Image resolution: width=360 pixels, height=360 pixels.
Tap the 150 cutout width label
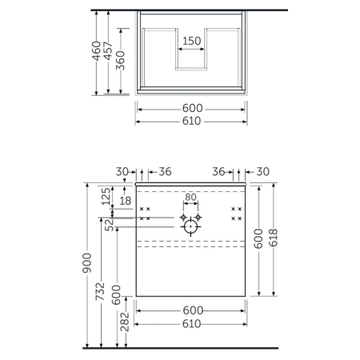pos(191,41)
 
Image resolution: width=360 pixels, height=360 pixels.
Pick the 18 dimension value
pos(126,201)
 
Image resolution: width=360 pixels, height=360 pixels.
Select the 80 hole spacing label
pos(191,197)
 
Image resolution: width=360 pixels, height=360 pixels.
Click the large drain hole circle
pos(191,227)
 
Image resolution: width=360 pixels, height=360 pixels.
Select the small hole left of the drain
pos(183,216)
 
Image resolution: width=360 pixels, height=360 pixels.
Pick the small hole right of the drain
pos(199,216)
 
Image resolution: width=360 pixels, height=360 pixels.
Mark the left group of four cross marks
pos(146,213)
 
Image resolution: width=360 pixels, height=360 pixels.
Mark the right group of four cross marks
pos(236,213)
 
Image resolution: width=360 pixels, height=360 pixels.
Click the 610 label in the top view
pos(191,121)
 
